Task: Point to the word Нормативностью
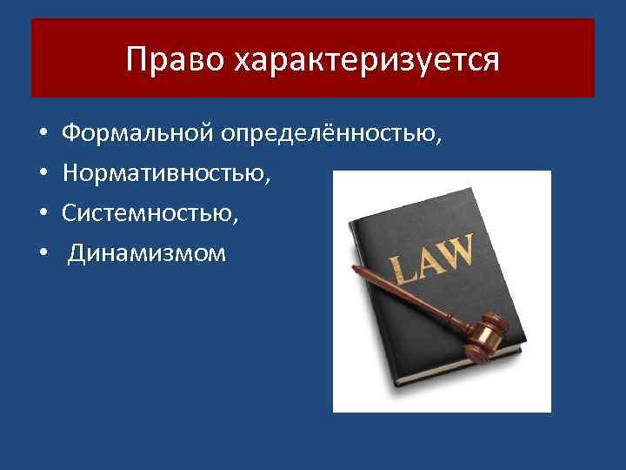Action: pyautogui.click(x=165, y=174)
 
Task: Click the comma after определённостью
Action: pyautogui.click(x=439, y=141)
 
